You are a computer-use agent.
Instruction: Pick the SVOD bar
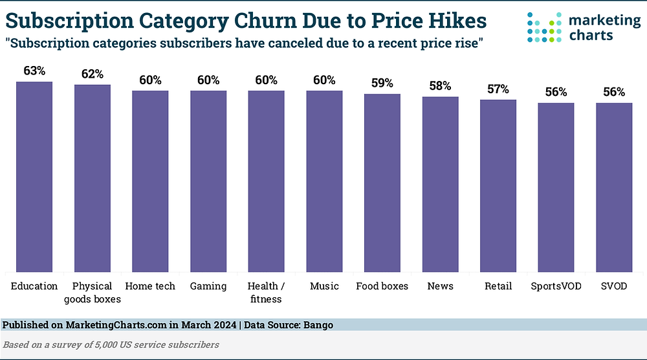click(x=614, y=188)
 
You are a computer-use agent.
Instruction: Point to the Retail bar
click(x=498, y=186)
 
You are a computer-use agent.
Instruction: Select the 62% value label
click(x=93, y=74)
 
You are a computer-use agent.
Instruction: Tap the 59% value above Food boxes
click(x=382, y=84)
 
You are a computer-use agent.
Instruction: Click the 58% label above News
click(x=440, y=86)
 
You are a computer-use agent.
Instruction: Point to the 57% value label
click(x=498, y=89)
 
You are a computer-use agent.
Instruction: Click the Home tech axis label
click(x=150, y=286)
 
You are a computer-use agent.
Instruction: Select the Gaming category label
click(x=208, y=286)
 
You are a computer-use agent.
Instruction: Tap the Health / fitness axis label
click(x=266, y=292)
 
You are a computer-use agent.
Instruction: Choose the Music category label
click(x=324, y=286)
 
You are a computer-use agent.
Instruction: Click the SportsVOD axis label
click(x=556, y=286)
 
